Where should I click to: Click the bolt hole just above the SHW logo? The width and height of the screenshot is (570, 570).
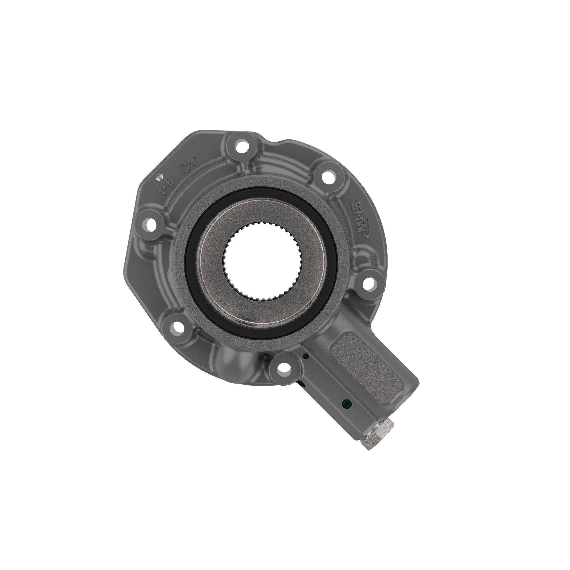coord(328,177)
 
